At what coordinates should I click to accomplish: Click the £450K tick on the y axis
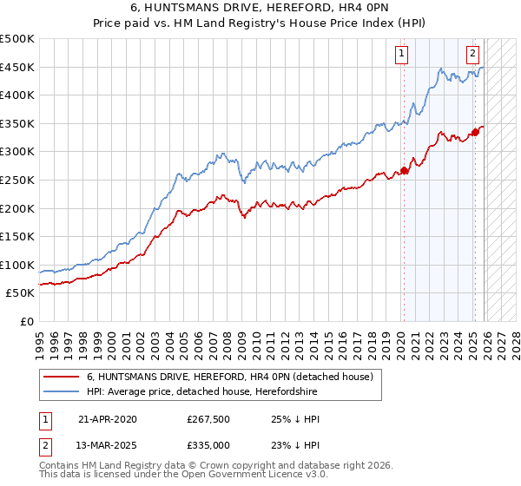pos(17,67)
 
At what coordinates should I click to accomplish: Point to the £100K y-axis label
pos(17,265)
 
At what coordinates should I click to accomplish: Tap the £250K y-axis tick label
pos(17,180)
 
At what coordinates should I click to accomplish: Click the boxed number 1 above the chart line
pos(403,54)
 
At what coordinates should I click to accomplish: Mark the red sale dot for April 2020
pos(404,171)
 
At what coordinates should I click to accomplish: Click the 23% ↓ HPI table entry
pos(295,445)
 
